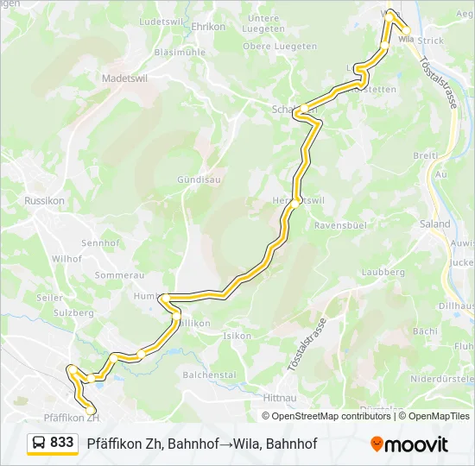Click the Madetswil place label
click(125, 77)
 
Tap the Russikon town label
click(40, 200)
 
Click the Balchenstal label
click(209, 375)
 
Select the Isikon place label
click(237, 336)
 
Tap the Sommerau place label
click(118, 274)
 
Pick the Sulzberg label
click(73, 313)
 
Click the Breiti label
click(426, 155)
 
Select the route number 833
click(62, 443)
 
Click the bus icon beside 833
click(40, 444)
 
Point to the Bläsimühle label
click(179, 52)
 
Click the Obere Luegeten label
click(269, 46)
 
